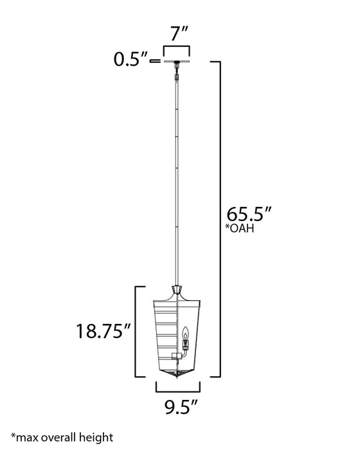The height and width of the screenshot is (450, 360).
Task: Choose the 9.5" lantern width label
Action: point(178,406)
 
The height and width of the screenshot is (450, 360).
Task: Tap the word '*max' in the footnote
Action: point(24,437)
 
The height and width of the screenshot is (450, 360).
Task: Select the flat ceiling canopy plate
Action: point(177,62)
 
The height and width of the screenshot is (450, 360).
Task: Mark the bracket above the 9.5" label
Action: point(178,387)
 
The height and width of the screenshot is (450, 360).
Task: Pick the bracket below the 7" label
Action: point(177,50)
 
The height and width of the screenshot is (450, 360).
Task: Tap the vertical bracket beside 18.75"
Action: point(136,331)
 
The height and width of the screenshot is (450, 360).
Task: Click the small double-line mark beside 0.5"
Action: point(154,62)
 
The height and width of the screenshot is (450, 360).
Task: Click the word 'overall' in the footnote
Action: point(60,437)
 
